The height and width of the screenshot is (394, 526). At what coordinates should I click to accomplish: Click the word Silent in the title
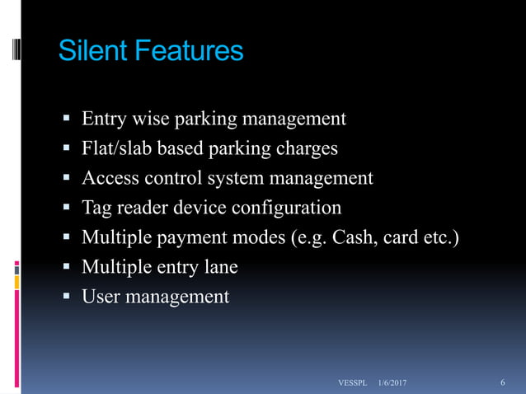91,51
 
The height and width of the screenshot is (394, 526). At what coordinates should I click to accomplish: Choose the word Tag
96,208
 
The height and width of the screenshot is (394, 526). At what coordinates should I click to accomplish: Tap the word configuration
284,208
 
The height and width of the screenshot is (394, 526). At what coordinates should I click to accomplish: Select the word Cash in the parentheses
359,237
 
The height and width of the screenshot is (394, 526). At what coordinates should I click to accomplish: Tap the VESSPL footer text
353,383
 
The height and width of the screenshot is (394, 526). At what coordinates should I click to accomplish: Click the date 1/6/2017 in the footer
392,383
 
